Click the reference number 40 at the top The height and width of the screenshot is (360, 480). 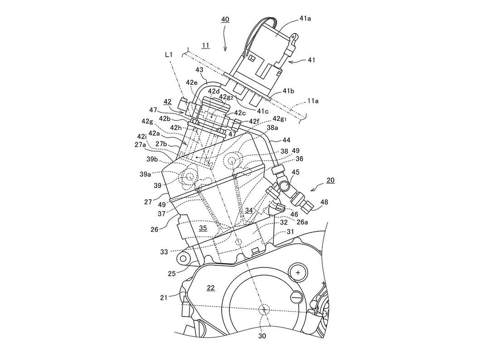[225, 19]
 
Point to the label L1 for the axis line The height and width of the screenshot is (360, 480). [169, 54]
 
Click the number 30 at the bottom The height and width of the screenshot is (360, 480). [262, 336]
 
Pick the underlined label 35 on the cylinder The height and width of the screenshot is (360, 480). [202, 229]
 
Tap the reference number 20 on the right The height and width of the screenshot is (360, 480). [330, 180]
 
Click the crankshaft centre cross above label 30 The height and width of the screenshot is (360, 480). [263, 309]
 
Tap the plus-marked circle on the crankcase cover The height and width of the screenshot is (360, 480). [298, 273]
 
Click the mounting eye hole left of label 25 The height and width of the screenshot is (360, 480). [184, 259]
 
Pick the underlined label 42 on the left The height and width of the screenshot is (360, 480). [167, 102]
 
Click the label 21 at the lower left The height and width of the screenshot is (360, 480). [176, 298]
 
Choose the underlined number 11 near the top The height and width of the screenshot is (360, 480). [205, 46]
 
